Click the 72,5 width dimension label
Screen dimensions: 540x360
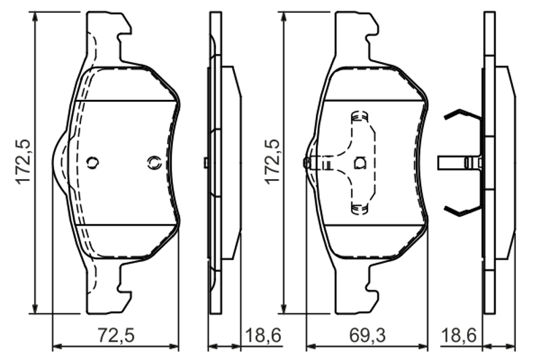pyautogui.click(x=116, y=335)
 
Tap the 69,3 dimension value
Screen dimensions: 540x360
pyautogui.click(x=368, y=335)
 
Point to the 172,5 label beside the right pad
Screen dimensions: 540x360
pyautogui.click(x=273, y=161)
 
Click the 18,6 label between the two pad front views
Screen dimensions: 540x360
pyautogui.click(x=263, y=335)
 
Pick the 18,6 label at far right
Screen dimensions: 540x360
pyautogui.click(x=459, y=335)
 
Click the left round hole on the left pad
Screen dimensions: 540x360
pyautogui.click(x=92, y=162)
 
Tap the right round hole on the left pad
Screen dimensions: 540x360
pyautogui.click(x=155, y=162)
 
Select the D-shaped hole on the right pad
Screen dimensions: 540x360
pyautogui.click(x=360, y=163)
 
